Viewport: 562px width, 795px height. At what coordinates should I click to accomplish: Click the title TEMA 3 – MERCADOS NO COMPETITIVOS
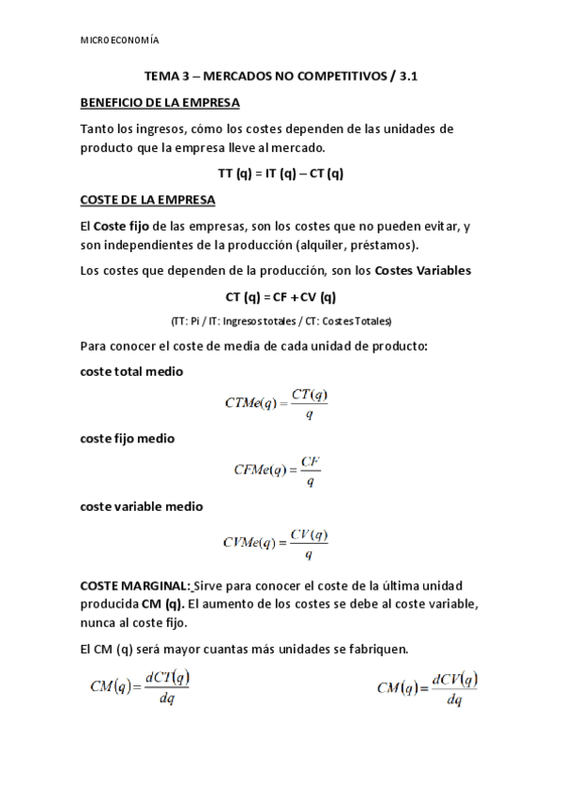click(281, 81)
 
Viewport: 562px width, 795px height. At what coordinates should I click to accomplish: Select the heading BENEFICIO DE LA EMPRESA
click(159, 102)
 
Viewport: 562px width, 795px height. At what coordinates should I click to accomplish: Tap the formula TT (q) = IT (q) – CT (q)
click(281, 173)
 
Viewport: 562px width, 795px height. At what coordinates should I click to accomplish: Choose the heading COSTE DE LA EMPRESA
click(147, 200)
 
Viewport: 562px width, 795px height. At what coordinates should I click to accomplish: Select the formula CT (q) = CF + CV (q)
click(281, 297)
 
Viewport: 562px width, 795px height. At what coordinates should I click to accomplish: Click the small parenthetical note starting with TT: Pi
click(281, 321)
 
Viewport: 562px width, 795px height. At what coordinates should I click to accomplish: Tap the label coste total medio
click(131, 371)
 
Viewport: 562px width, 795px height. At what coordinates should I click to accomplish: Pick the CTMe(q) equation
click(277, 403)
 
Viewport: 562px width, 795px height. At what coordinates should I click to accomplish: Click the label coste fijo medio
click(128, 438)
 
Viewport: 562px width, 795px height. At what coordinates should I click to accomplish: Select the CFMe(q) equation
click(278, 472)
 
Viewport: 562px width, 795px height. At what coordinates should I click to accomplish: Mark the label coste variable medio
click(141, 506)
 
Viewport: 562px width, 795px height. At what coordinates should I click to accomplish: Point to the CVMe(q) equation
click(276, 542)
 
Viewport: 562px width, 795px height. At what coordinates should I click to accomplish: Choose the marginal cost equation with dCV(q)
click(427, 688)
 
